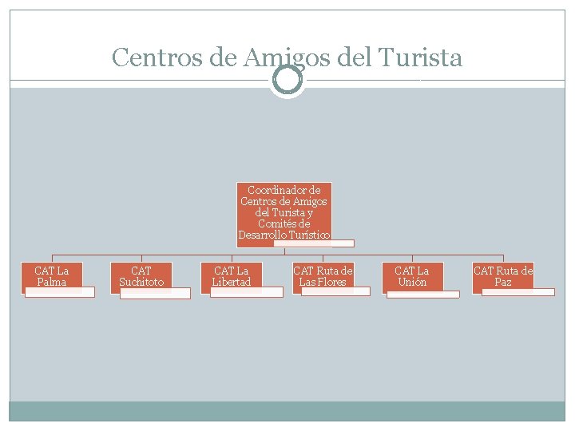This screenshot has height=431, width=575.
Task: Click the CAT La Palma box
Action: (52, 276)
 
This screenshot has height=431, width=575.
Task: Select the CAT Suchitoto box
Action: (141, 276)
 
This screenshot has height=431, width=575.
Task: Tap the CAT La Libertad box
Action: (232, 276)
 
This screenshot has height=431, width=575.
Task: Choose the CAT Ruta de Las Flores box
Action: (323, 276)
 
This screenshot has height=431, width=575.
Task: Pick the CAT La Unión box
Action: (412, 276)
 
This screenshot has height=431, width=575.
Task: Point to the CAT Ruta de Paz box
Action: (503, 276)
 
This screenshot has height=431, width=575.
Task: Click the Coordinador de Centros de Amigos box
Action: (284, 213)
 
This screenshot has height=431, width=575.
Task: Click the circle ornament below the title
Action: (287, 80)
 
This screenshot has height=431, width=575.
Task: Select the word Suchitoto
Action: (141, 283)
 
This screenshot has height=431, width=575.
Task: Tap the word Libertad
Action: (232, 283)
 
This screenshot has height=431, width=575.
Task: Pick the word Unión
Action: (412, 283)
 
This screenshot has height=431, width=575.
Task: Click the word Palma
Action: (52, 283)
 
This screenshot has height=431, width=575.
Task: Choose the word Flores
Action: (333, 283)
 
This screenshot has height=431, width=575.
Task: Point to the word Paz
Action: (503, 283)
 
